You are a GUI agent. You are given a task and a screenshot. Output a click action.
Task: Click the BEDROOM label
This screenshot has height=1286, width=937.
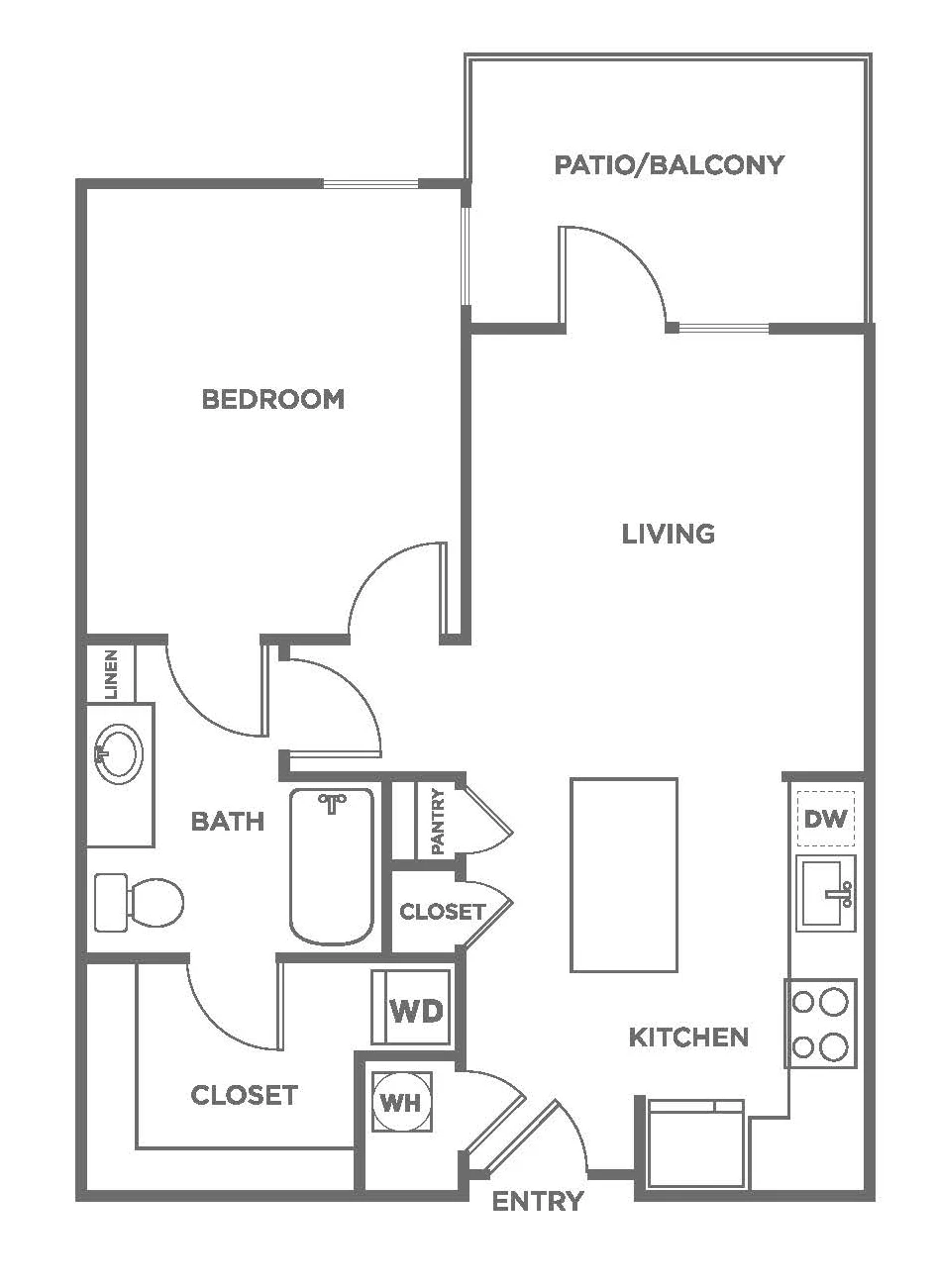click(273, 399)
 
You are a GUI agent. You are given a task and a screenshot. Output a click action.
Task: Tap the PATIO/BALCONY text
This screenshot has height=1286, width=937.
click(670, 164)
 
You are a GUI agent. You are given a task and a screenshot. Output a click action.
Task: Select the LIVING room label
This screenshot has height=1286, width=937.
click(669, 534)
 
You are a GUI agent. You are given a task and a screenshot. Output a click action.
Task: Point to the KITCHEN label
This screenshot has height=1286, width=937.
click(688, 1038)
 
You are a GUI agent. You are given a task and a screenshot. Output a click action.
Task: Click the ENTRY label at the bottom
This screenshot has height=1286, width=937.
click(538, 1201)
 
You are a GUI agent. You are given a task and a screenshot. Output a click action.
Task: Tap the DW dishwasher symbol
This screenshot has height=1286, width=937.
click(825, 819)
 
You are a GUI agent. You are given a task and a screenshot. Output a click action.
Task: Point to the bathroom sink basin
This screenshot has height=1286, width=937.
click(119, 753)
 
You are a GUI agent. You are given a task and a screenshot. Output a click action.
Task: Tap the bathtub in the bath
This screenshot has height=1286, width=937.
click(332, 867)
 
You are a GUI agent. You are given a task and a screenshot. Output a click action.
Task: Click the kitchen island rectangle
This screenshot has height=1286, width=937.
click(624, 875)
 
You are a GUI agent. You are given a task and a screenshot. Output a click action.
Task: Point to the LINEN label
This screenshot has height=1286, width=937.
click(111, 674)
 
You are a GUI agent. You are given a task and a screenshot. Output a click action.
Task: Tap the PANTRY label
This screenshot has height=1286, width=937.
click(437, 822)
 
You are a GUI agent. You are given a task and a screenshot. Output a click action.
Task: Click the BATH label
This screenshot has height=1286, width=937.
click(228, 822)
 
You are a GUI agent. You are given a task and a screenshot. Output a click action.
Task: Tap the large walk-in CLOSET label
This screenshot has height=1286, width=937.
click(245, 1095)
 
